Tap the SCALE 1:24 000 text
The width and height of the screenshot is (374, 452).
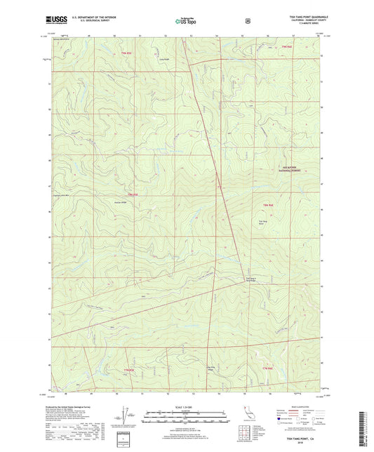coord(186,408)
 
